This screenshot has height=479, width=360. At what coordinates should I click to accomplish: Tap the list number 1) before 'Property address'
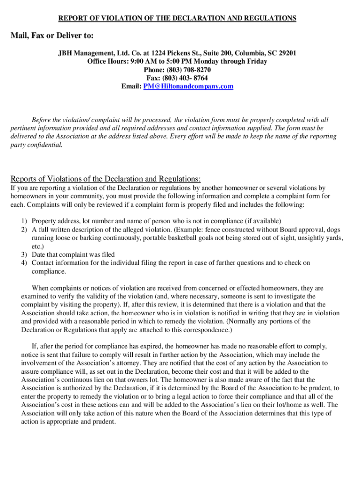click(24, 221)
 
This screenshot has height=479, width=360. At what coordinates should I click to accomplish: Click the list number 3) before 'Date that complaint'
click(24, 254)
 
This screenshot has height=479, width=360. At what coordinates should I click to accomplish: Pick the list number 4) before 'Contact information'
click(24, 263)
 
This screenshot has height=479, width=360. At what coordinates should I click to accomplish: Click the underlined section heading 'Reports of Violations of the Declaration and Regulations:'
click(106, 179)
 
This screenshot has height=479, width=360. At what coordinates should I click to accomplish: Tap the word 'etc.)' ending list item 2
click(38, 247)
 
